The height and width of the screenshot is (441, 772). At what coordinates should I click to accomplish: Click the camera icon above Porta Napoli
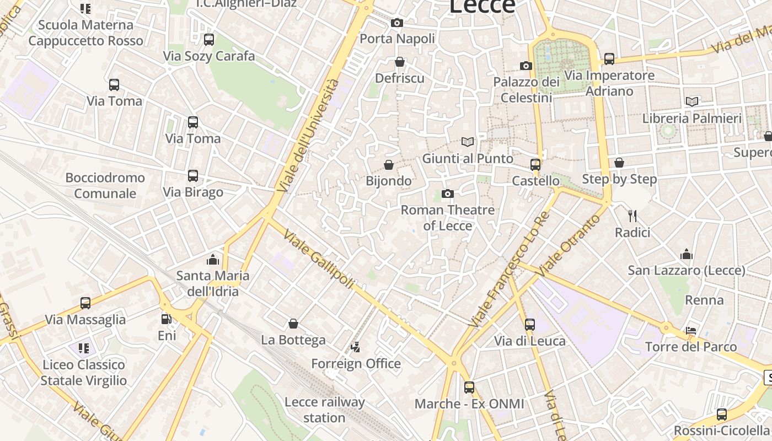396,23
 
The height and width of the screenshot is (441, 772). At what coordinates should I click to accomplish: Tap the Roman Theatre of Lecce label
447,218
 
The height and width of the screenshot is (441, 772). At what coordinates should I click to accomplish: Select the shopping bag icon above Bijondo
389,165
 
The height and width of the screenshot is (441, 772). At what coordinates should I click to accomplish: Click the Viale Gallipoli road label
318,259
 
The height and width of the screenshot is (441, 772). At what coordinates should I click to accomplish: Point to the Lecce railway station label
324,410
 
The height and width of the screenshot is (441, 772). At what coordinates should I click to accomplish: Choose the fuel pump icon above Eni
166,319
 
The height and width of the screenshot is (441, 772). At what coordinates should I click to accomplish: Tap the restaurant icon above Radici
632,216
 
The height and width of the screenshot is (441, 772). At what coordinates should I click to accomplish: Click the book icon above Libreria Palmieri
691,101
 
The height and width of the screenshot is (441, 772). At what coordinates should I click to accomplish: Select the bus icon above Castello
535,164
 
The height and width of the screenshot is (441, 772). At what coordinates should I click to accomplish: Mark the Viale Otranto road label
568,245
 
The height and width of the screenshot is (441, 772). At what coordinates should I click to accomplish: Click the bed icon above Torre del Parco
691,330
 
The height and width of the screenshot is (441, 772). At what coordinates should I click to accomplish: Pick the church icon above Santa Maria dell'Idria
212,259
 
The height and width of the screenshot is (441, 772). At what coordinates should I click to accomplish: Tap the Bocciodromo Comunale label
105,185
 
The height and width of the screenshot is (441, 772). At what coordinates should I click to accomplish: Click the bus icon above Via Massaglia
85,303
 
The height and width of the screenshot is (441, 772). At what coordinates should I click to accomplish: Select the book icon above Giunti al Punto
468,142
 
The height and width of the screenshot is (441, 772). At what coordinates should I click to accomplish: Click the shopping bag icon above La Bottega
293,324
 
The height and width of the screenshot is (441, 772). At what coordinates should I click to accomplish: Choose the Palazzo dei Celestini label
526,90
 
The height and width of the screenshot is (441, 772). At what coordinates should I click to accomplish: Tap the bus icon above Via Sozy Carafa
208,40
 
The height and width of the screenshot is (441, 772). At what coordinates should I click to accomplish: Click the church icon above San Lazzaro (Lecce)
687,254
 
